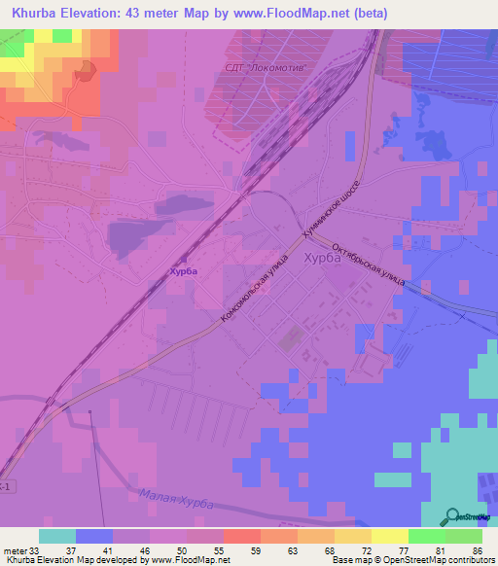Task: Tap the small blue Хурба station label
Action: tap(183, 271)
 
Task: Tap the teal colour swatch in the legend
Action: tap(57, 536)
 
